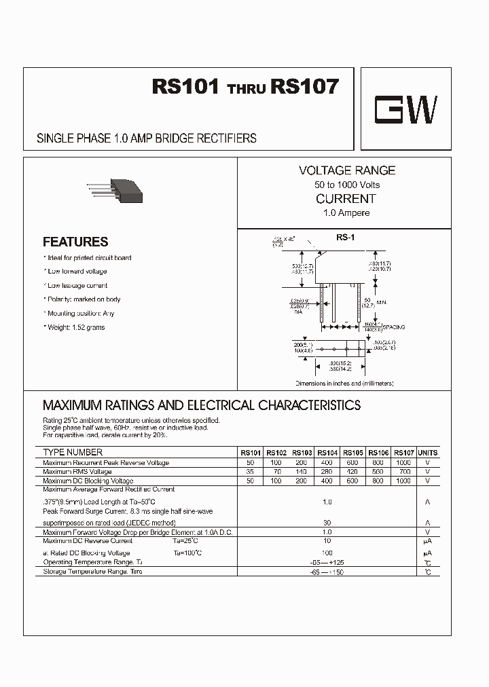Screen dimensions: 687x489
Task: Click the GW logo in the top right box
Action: pos(406,109)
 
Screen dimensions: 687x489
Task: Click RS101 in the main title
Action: pos(185,88)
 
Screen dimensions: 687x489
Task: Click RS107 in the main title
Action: pos(304,88)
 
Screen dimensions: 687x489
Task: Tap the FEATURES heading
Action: pos(75,242)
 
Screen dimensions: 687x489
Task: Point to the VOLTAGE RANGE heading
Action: pos(346,170)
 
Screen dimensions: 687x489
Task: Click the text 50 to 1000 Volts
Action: pos(346,185)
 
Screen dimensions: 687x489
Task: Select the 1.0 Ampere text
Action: pos(346,213)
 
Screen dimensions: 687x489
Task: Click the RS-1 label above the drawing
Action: pos(344,238)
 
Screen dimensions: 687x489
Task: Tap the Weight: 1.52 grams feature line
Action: pos(75,327)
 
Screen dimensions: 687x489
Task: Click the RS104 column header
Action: pos(327,453)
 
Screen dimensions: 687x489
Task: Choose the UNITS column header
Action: pos(427,453)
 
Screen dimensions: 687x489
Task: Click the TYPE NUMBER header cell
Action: pos(73,452)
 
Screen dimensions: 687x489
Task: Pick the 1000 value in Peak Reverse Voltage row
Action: pos(403,462)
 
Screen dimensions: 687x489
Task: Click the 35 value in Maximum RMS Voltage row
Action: pos(250,471)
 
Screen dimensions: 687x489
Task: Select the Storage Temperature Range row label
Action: pos(92,572)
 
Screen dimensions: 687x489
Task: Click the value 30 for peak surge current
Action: pos(327,523)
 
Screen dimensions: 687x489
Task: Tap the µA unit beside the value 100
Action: pos(427,553)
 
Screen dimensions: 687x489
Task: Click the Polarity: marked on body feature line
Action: pos(84,299)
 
